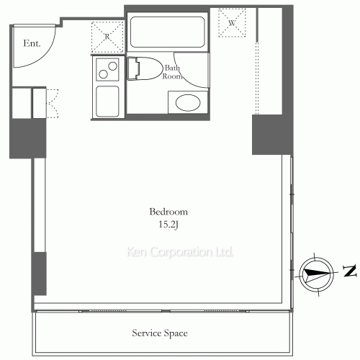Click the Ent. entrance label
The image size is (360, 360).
[32, 43]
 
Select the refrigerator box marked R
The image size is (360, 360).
[107, 37]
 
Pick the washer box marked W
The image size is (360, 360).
[232, 23]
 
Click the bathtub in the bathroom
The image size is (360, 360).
[167, 32]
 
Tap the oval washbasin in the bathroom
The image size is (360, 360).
[188, 103]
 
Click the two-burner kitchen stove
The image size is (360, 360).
[107, 70]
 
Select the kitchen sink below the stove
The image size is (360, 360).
[107, 102]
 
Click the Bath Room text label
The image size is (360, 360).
[172, 72]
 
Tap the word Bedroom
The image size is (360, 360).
[168, 212]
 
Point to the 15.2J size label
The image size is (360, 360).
[168, 225]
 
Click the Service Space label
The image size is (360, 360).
[160, 333]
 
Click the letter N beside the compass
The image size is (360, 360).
[349, 271]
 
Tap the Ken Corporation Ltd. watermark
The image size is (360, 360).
[180, 252]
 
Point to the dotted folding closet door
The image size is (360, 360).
[53, 104]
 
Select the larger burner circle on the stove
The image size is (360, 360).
[112, 66]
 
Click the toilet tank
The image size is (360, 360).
[133, 68]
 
